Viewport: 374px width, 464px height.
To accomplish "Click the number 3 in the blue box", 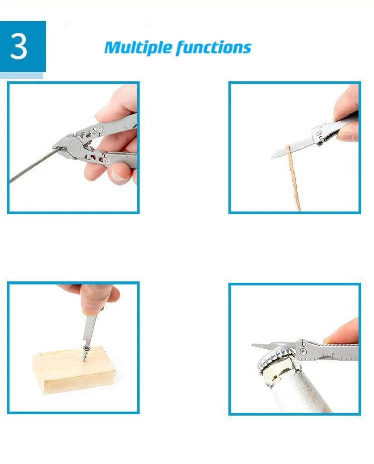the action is pos(19,46).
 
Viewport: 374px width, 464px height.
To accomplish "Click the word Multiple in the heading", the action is pos(138,47).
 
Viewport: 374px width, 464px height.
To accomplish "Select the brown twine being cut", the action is pos(293,178).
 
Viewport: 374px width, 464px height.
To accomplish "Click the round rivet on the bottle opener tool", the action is pos(303,351).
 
